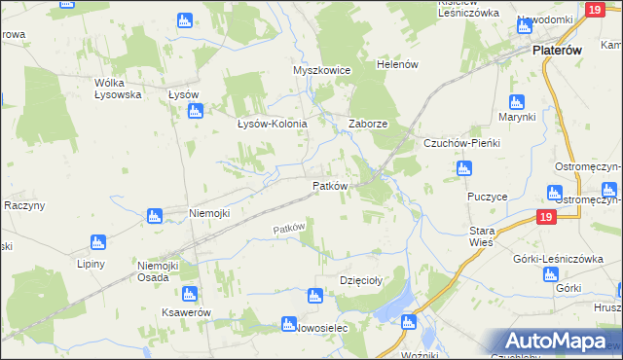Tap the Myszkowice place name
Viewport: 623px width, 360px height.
pyautogui.click(x=320, y=71)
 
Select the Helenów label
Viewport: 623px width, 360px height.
pyautogui.click(x=397, y=64)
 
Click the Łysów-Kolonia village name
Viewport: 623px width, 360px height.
pyautogui.click(x=273, y=125)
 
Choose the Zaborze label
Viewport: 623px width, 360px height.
pyautogui.click(x=369, y=125)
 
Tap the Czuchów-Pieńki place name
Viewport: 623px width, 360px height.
pyautogui.click(x=460, y=143)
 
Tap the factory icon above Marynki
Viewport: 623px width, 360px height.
pyautogui.click(x=517, y=102)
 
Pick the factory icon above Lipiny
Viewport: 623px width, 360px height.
pyautogui.click(x=97, y=242)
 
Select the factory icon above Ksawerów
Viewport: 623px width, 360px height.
pyautogui.click(x=190, y=293)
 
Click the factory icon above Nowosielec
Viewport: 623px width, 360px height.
pyautogui.click(x=287, y=324)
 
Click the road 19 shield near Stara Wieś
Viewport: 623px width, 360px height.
pyautogui.click(x=545, y=218)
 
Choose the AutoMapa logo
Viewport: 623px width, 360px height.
pyautogui.click(x=558, y=342)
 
